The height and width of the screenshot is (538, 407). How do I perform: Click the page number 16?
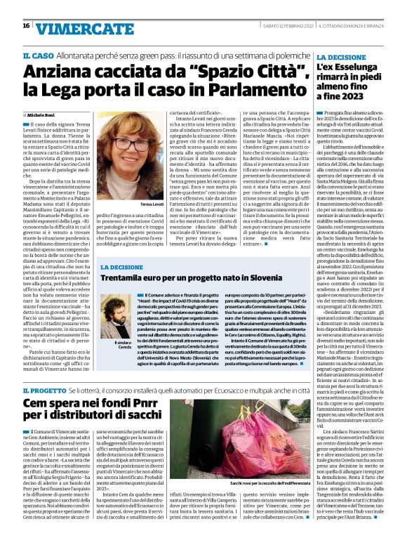tap(26, 26)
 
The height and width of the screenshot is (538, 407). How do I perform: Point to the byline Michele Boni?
tap(39, 114)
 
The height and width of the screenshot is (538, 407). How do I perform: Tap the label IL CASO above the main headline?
tap(37, 55)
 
